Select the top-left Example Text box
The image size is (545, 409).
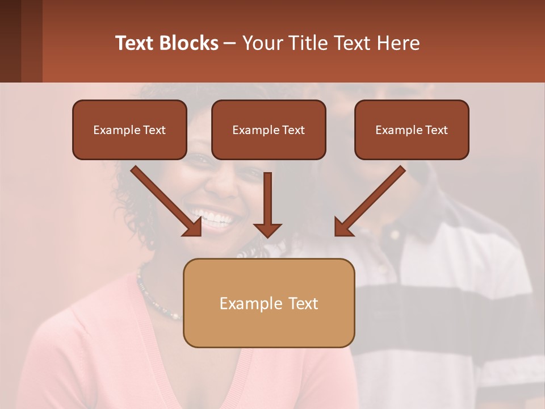(x=129, y=130)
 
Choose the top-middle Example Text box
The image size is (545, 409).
(x=269, y=130)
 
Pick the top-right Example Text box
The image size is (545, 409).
(x=412, y=130)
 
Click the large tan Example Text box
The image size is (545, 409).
(x=269, y=303)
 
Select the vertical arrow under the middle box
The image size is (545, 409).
(x=267, y=204)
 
